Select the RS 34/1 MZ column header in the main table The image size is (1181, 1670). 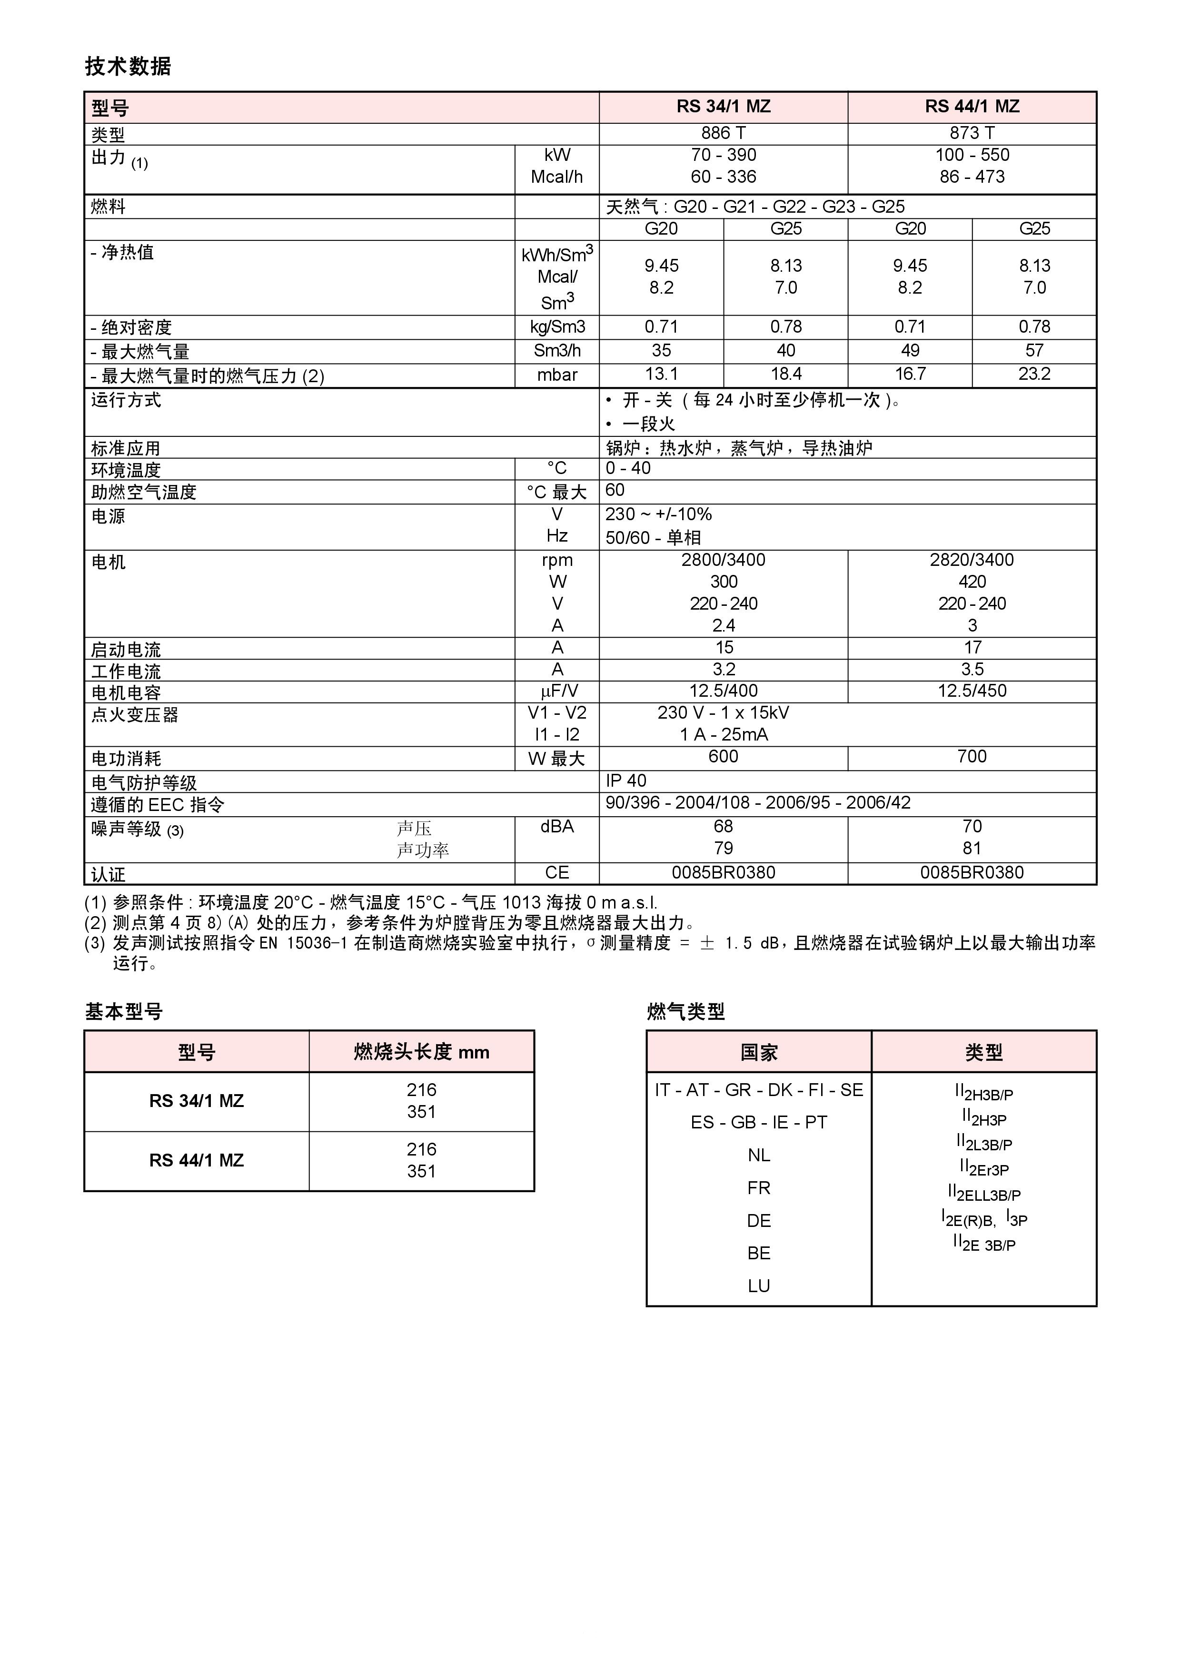coord(723,107)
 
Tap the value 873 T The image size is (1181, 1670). coord(972,133)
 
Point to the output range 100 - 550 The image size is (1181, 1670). coord(972,155)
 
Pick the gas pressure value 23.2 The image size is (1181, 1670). coord(1034,374)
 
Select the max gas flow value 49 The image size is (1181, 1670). coord(910,351)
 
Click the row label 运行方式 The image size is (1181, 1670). coord(126,400)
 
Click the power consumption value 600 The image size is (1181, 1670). coord(723,756)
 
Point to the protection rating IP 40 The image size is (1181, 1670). coord(626,781)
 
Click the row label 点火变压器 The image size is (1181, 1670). coord(135,715)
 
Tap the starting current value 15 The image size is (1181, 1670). coord(723,647)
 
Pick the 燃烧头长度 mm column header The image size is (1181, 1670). coord(421,1052)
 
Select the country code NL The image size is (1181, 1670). coord(758,1155)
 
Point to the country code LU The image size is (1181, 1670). coord(758,1286)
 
